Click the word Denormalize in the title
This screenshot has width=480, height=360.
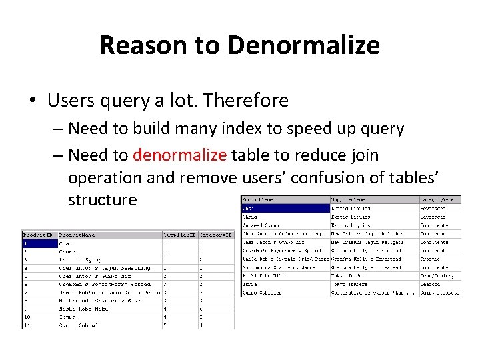(303, 45)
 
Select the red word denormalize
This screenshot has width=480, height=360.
(180, 155)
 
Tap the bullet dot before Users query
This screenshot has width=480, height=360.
(32, 101)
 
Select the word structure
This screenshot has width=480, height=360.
(102, 199)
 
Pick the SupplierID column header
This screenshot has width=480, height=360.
(180, 235)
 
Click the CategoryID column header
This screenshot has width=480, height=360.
(217, 235)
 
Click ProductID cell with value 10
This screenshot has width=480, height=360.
(28, 317)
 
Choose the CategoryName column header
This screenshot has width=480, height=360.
(440, 199)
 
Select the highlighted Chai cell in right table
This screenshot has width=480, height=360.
(285, 208)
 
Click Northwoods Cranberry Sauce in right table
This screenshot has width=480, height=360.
(285, 267)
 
